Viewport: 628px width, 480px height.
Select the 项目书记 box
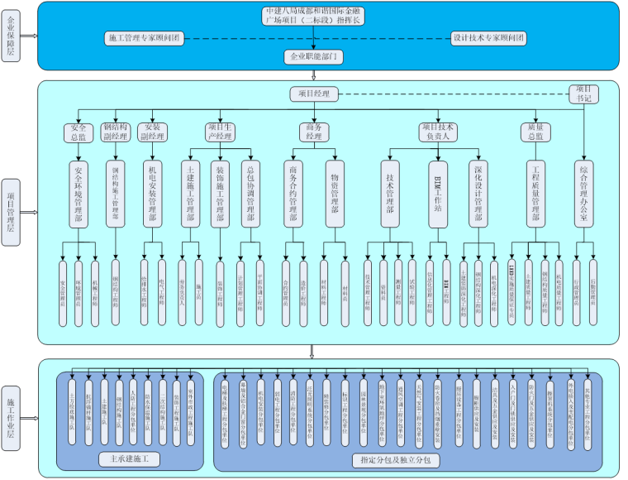click(583, 94)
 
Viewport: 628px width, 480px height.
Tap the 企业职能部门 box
click(313, 57)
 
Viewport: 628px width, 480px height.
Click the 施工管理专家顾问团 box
click(145, 38)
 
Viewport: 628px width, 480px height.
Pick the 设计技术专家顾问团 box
click(488, 38)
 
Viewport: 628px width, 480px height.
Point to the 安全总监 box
click(78, 132)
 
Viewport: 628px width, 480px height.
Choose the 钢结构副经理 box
click(117, 132)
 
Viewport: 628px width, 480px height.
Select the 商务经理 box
click(314, 132)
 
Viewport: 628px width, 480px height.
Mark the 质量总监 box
click(535, 132)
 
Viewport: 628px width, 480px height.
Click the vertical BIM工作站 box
click(438, 194)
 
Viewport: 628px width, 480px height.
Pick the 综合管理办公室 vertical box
click(583, 194)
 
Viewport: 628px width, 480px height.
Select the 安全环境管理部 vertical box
click(78, 194)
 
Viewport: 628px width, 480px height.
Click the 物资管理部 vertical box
click(334, 194)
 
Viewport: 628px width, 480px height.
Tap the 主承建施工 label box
click(128, 458)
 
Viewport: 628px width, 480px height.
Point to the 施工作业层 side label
click(11, 406)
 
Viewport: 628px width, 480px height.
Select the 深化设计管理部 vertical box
click(477, 194)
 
